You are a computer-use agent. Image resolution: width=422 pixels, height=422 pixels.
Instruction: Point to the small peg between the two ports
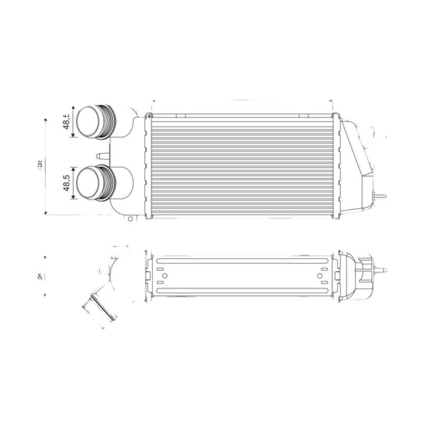click(102, 156)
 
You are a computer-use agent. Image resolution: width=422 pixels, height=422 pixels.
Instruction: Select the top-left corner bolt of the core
click(149, 116)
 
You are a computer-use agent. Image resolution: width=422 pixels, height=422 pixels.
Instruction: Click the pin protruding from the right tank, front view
click(380, 196)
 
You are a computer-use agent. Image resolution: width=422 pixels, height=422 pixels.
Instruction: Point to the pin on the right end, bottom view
click(380, 270)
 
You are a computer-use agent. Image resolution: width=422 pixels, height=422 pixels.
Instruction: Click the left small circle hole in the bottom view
click(165, 276)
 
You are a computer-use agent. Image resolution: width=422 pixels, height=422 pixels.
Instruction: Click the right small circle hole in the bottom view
click(320, 276)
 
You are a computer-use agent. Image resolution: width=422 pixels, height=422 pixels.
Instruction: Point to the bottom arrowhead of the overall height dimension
click(46, 213)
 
